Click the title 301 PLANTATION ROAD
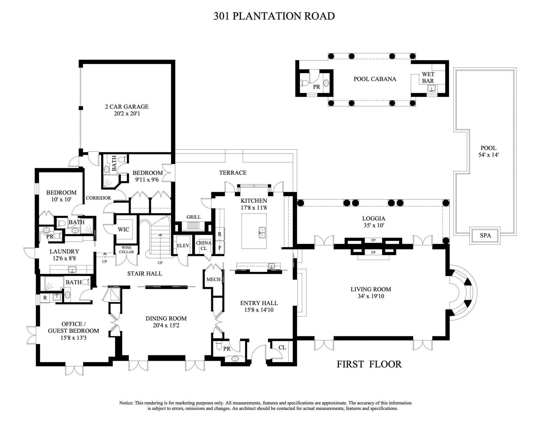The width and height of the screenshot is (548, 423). tap(274, 16)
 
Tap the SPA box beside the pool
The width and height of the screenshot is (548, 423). tap(485, 235)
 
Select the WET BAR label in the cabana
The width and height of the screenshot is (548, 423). tap(428, 78)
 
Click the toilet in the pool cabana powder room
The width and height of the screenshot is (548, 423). tap(305, 83)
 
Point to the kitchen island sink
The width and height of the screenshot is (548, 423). tap(262, 232)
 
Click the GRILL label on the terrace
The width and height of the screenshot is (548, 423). tap(194, 217)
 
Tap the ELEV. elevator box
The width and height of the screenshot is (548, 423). tap(183, 245)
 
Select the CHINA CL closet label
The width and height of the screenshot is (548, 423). tap(204, 245)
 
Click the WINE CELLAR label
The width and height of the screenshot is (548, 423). tap(126, 250)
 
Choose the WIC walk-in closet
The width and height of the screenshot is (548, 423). tap(124, 229)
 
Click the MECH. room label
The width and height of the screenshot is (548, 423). tap(214, 280)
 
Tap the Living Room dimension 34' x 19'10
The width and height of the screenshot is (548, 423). tap(371, 296)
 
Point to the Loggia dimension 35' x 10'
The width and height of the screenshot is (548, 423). tap(374, 226)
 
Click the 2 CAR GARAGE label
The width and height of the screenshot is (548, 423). tap(127, 107)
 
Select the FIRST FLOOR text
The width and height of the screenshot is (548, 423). tap(369, 364)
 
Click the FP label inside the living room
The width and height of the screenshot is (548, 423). tap(373, 253)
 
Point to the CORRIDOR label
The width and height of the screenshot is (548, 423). tap(98, 198)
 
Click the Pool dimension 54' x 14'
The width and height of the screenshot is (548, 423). tap(488, 155)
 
